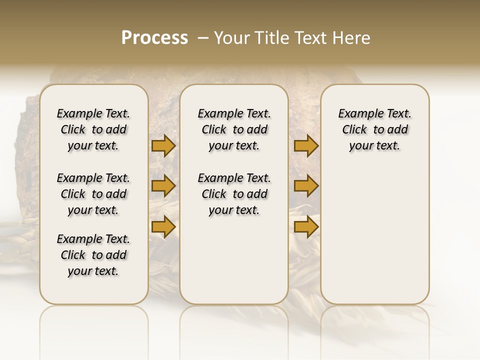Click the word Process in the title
click(x=154, y=38)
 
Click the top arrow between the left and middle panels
click(x=163, y=146)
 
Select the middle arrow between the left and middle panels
click(x=163, y=186)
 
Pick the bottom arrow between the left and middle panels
click(x=163, y=226)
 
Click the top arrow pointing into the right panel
click(x=306, y=146)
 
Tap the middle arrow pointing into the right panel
click(x=306, y=186)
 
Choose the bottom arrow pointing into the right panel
click(x=306, y=226)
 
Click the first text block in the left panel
click(x=93, y=129)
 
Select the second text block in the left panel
click(x=93, y=194)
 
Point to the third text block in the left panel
click(x=93, y=255)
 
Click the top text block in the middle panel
click(x=234, y=129)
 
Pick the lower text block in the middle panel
click(x=234, y=194)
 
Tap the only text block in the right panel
click(x=374, y=129)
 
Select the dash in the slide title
click(x=203, y=38)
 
